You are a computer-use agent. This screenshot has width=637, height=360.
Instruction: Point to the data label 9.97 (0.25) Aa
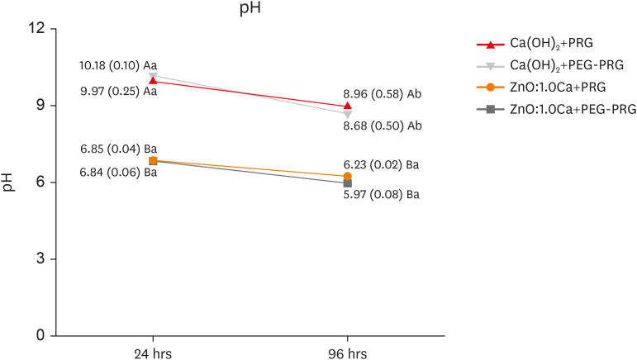point(118,90)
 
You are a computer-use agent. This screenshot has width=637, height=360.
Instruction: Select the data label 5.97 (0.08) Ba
point(381,196)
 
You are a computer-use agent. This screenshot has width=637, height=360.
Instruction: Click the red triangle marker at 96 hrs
point(347,106)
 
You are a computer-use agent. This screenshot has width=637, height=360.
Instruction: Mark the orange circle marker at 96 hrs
point(347,177)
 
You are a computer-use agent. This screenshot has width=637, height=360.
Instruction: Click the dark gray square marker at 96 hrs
point(347,183)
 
